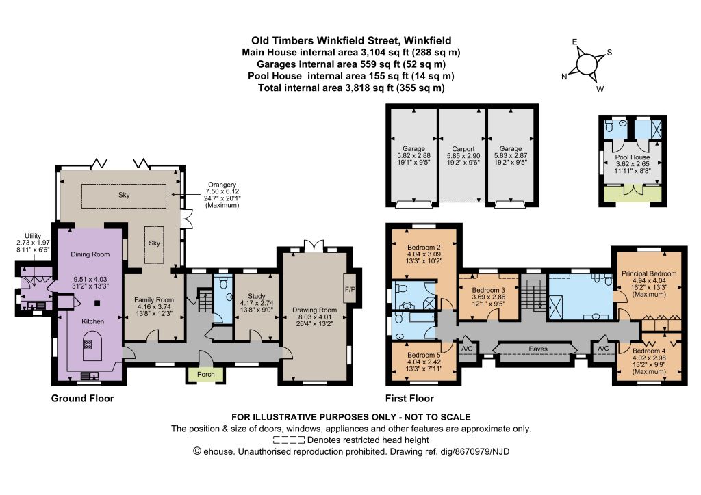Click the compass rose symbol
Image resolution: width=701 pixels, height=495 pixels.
(x=587, y=63)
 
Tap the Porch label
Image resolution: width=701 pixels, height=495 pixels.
(x=206, y=374)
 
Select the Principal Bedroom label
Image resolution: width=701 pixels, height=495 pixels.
(x=648, y=273)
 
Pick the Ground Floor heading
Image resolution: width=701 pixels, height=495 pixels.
(x=83, y=398)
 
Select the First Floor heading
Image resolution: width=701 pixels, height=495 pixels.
(x=410, y=398)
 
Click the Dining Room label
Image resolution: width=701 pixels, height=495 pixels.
(x=90, y=254)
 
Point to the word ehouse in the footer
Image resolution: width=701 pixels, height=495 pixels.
(x=218, y=451)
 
